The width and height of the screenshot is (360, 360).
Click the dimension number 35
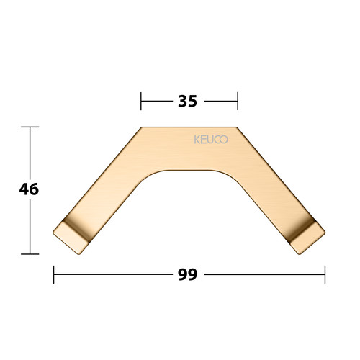pos(188,101)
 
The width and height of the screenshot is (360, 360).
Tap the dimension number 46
pos(29,189)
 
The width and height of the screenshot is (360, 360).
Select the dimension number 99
pos(188,274)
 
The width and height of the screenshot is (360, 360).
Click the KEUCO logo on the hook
pos(211,140)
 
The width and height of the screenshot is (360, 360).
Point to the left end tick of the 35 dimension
pos(141,101)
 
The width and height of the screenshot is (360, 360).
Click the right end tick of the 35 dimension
pos(238,101)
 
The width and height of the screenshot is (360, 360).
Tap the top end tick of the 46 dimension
pos(30,127)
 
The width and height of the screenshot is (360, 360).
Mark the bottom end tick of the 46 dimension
pos(30,254)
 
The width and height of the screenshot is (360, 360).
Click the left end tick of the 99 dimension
pos(54,274)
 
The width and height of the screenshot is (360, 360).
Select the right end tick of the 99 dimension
pos(325,274)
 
